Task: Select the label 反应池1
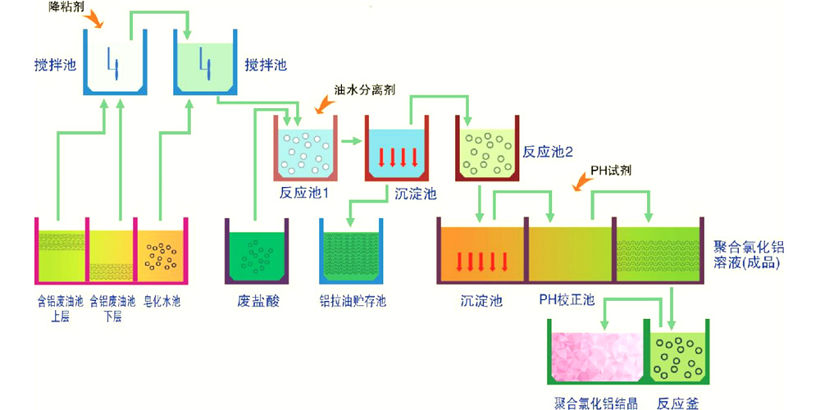[303, 194]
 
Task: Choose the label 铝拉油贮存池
[353, 301]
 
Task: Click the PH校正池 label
[567, 301]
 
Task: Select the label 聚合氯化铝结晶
[595, 403]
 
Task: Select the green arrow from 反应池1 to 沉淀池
[351, 141]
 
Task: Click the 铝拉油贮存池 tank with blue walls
[353, 255]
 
